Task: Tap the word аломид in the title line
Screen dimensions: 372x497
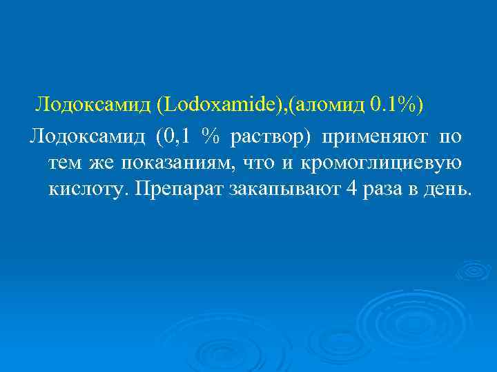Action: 325,104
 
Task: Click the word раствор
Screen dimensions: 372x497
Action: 270,138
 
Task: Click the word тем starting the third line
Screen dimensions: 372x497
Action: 66,163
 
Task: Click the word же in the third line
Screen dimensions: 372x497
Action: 105,163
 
